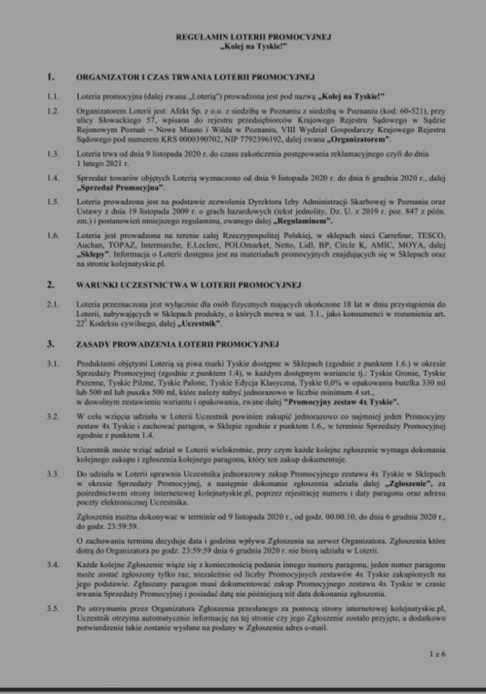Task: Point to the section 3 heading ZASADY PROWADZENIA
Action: pos(177,344)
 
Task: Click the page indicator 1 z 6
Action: pos(437,654)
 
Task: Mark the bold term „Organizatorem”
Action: pos(360,140)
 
